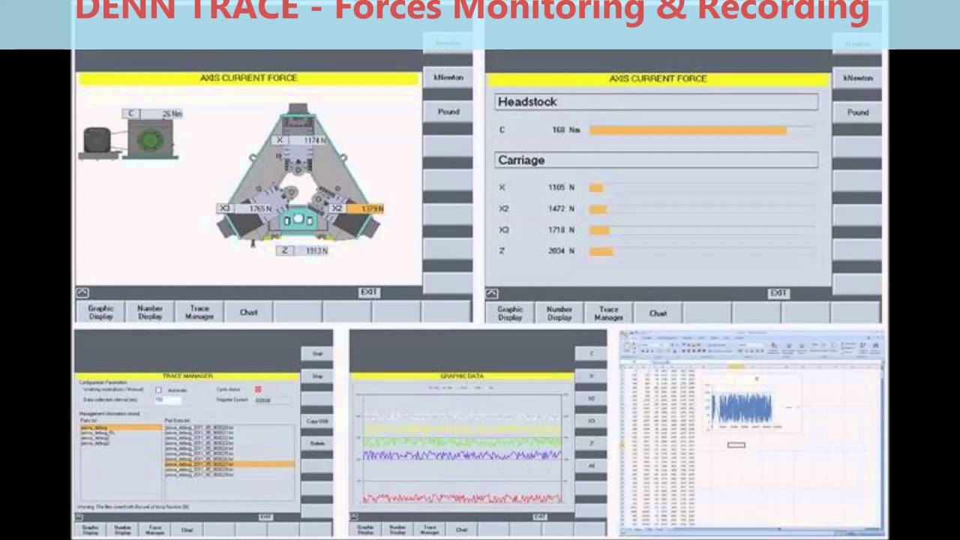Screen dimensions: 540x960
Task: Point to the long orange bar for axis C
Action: [x=688, y=130]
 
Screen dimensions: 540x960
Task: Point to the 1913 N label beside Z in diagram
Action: [x=316, y=250]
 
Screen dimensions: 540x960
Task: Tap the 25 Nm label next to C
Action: [x=172, y=114]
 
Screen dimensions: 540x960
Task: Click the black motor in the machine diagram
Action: [x=97, y=140]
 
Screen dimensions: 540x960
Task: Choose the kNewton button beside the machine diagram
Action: [x=448, y=77]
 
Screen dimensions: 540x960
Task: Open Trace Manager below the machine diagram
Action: [x=199, y=313]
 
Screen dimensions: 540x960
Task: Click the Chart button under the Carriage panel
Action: [x=658, y=313]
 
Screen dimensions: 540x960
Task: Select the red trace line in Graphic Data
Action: [x=461, y=497]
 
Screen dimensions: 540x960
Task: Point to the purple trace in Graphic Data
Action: [x=461, y=454]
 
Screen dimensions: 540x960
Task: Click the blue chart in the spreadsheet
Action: [x=741, y=408]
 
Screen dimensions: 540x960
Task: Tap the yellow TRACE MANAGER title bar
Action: [x=187, y=376]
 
